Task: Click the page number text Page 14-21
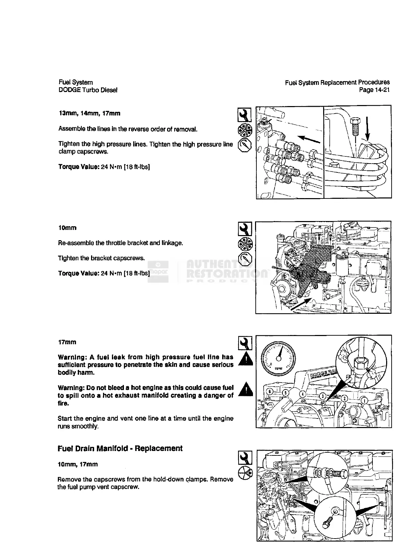click(374, 90)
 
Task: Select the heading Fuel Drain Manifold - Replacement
click(120, 449)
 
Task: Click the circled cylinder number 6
click(270, 391)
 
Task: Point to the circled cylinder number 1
click(366, 401)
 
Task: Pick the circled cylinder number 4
click(303, 394)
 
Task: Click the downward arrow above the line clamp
click(367, 128)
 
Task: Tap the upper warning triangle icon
click(245, 360)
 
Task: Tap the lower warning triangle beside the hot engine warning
click(245, 390)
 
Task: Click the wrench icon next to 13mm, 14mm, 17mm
click(244, 115)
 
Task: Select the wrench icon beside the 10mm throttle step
click(245, 228)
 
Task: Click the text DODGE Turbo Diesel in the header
click(88, 90)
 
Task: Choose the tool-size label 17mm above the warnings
click(67, 342)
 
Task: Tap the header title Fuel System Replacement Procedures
click(337, 82)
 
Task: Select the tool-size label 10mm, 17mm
click(78, 464)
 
